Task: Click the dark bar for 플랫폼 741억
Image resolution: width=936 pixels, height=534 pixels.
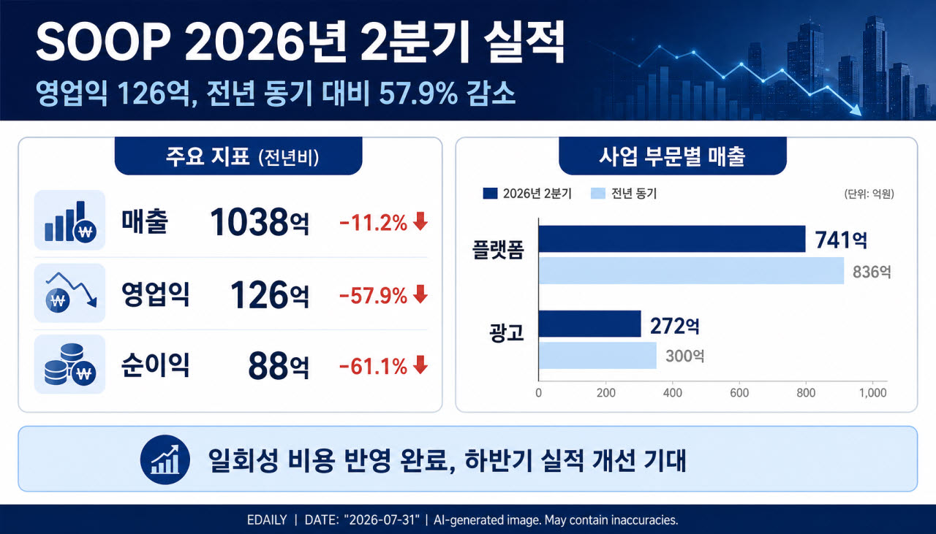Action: pyautogui.click(x=672, y=239)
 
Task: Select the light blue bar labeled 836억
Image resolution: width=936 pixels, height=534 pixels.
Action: pyautogui.click(x=691, y=270)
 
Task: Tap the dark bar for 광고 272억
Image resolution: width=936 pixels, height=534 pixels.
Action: pyautogui.click(x=589, y=324)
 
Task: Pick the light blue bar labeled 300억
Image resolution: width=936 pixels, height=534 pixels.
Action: pyautogui.click(x=597, y=355)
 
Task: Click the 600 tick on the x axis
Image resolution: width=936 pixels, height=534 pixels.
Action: pyautogui.click(x=739, y=393)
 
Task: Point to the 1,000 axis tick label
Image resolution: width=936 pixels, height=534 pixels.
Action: pyautogui.click(x=872, y=393)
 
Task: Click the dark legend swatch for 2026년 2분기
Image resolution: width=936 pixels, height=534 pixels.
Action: pyautogui.click(x=490, y=194)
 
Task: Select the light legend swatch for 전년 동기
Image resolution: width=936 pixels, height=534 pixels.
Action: pyautogui.click(x=598, y=194)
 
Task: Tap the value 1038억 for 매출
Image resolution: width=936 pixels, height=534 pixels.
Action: pyautogui.click(x=260, y=221)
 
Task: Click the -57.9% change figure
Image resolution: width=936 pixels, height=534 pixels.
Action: pyautogui.click(x=373, y=296)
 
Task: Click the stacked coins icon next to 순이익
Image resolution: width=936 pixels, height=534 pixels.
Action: pyautogui.click(x=69, y=364)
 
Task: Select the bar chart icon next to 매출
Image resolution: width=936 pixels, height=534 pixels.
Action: pyautogui.click(x=69, y=221)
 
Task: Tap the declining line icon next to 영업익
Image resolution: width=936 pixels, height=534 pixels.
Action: pyautogui.click(x=70, y=292)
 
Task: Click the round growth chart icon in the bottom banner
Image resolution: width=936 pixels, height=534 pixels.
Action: pyautogui.click(x=165, y=459)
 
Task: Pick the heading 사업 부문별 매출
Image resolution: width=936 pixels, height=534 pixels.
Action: pyautogui.click(x=672, y=156)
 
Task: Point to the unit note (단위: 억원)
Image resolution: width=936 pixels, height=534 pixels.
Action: pyautogui.click(x=869, y=194)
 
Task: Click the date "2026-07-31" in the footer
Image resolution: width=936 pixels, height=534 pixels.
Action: pyautogui.click(x=382, y=520)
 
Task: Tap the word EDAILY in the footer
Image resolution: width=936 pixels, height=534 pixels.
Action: pyautogui.click(x=267, y=520)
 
